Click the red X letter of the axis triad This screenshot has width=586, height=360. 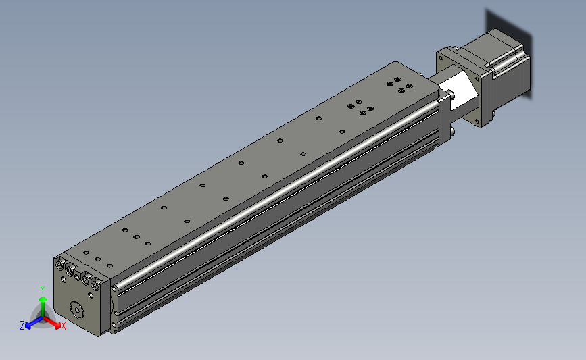pos(63,326)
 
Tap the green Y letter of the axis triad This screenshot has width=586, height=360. pos(43,290)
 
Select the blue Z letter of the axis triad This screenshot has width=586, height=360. pos(22,326)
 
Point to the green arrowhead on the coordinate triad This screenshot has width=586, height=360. pos(43,299)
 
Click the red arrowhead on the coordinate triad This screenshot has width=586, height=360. pos(57,326)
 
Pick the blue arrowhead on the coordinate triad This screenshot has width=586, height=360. pos(28,326)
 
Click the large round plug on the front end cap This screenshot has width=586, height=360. pos(77,309)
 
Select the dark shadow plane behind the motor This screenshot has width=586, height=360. pos(509,52)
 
